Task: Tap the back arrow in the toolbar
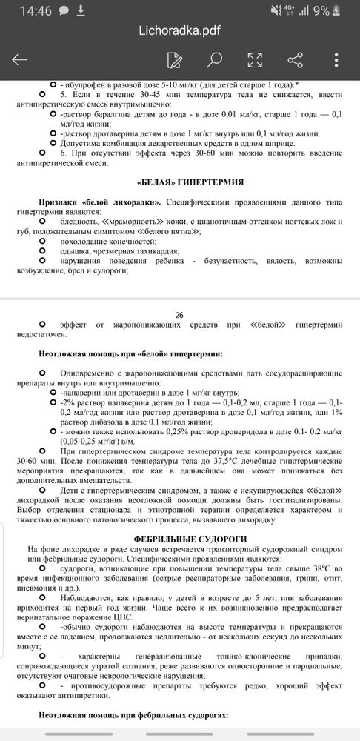[20, 60]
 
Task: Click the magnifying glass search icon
[214, 60]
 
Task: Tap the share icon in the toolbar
[295, 60]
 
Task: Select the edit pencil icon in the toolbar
[175, 60]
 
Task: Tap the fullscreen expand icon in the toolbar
[255, 60]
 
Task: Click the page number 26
[179, 314]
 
